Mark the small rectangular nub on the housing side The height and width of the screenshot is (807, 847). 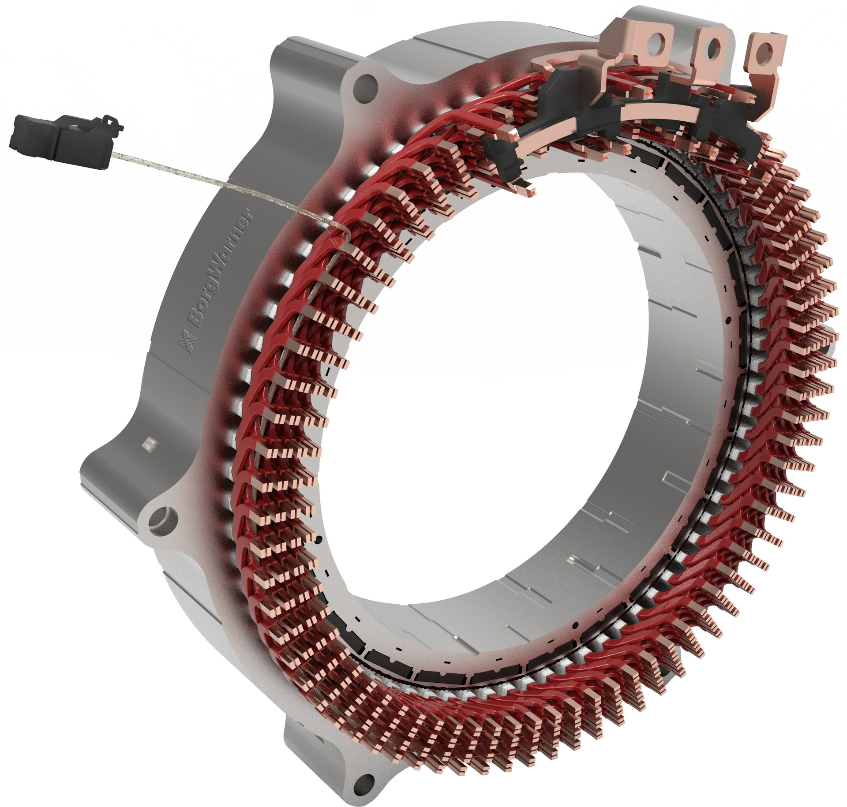coord(150,443)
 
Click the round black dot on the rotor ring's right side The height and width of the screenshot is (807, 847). coord(728,320)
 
